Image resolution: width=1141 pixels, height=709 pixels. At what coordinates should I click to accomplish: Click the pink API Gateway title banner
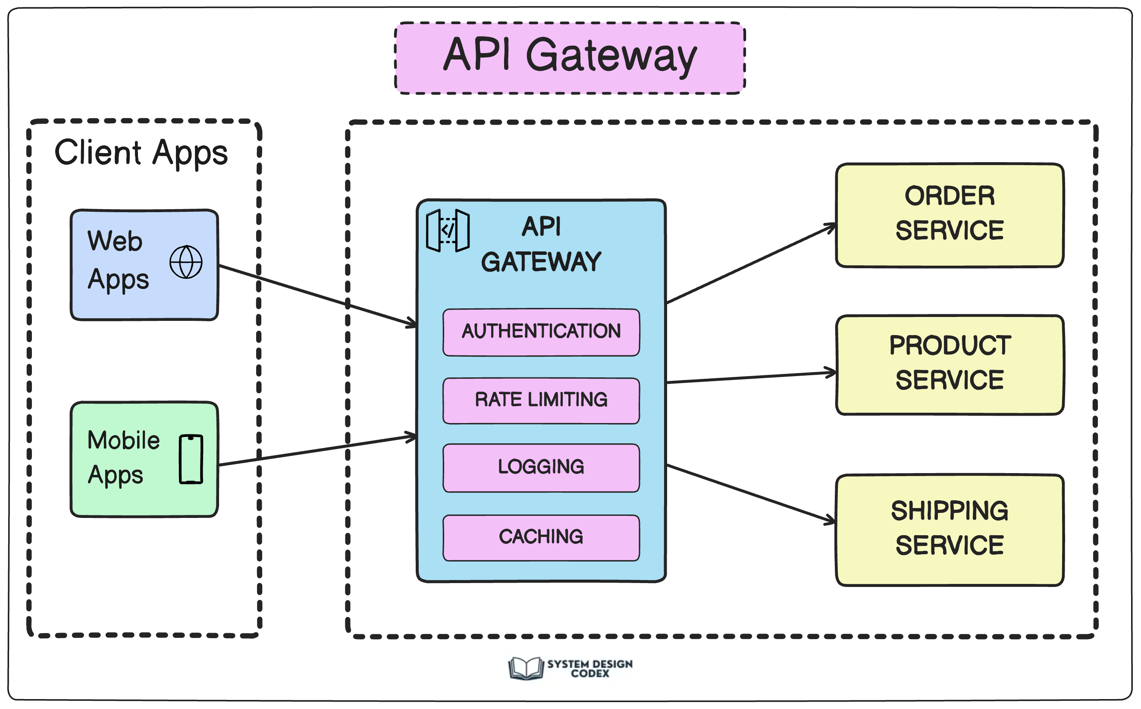click(x=570, y=58)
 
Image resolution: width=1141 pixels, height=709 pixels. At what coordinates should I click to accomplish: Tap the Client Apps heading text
click(x=141, y=152)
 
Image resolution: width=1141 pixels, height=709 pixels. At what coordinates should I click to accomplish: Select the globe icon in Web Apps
click(x=186, y=262)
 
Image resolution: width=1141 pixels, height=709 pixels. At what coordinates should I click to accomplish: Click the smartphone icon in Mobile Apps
click(x=191, y=459)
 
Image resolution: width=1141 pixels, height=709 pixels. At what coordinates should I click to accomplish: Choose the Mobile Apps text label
click(x=123, y=457)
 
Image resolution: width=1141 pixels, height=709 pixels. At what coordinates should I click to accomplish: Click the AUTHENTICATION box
click(x=541, y=332)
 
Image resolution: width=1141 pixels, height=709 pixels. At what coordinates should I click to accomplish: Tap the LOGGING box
click(x=541, y=467)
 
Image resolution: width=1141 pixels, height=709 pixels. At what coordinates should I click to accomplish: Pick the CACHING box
click(x=541, y=537)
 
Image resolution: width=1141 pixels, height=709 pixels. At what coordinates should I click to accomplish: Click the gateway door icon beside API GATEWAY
click(x=448, y=230)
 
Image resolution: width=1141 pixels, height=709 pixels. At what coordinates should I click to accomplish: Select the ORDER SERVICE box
click(x=949, y=215)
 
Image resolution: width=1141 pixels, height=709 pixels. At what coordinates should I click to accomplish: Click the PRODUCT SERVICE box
click(x=949, y=364)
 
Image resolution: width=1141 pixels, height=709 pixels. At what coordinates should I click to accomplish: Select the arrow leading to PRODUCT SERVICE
click(x=750, y=377)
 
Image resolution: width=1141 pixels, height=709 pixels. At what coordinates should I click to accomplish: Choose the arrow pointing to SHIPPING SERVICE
click(x=750, y=493)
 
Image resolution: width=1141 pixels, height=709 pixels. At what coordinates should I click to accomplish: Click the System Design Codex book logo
click(x=526, y=668)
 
